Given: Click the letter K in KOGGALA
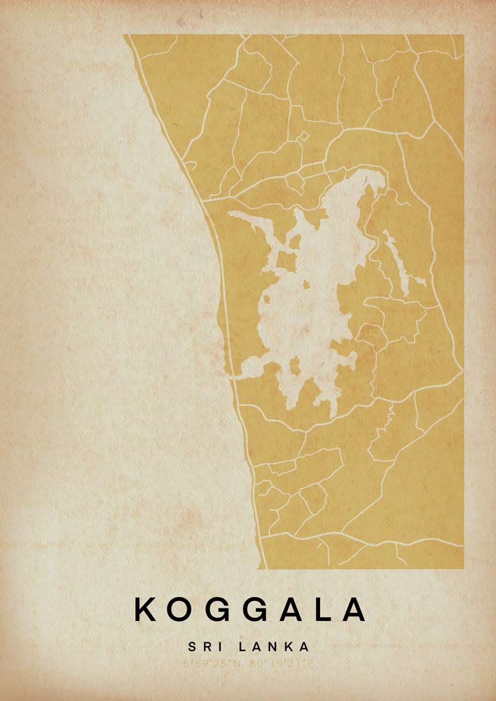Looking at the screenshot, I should [147, 610].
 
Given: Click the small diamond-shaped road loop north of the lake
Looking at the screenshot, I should [303, 137].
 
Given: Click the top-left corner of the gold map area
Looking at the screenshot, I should [124, 35].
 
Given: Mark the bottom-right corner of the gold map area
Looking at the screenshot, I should [463, 568].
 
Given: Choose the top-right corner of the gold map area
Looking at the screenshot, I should [463, 35].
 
